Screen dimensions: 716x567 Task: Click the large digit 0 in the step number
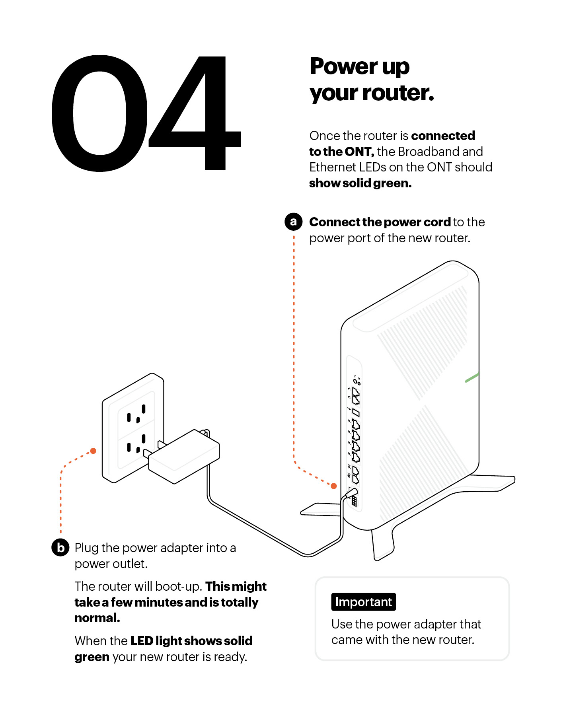pyautogui.click(x=99, y=113)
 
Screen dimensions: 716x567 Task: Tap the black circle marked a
pyautogui.click(x=293, y=222)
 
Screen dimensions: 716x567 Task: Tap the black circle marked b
pyautogui.click(x=60, y=548)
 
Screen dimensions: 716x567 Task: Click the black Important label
pyautogui.click(x=363, y=602)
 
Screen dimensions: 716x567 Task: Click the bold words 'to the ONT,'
pyautogui.click(x=341, y=152)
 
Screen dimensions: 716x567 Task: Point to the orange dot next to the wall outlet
pyautogui.click(x=93, y=451)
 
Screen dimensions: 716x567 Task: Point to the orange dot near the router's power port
pyautogui.click(x=334, y=486)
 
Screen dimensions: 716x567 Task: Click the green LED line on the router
pyautogui.click(x=472, y=378)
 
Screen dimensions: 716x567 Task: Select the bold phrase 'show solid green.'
pyautogui.click(x=360, y=183)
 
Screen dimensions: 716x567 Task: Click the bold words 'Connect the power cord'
pyautogui.click(x=380, y=222)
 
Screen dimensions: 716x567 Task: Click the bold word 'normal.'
pyautogui.click(x=97, y=618)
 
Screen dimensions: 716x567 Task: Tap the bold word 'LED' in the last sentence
pyautogui.click(x=142, y=641)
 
